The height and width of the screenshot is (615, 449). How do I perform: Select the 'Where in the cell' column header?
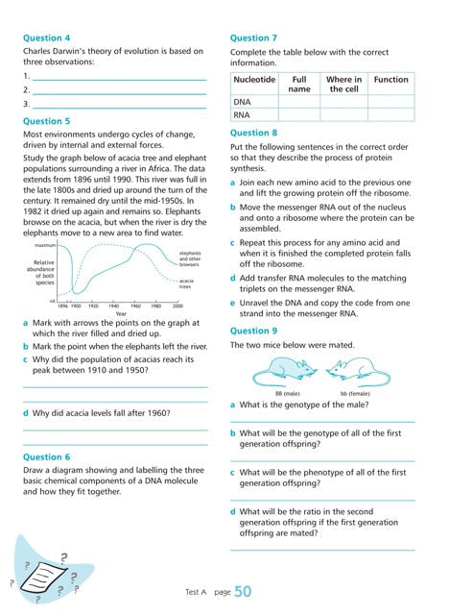point(343,85)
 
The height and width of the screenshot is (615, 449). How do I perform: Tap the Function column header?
point(390,80)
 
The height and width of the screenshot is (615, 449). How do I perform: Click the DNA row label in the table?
point(243,101)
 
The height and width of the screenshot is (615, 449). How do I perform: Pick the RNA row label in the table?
point(243,115)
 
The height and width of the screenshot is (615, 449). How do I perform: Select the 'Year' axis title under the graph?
point(120,313)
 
